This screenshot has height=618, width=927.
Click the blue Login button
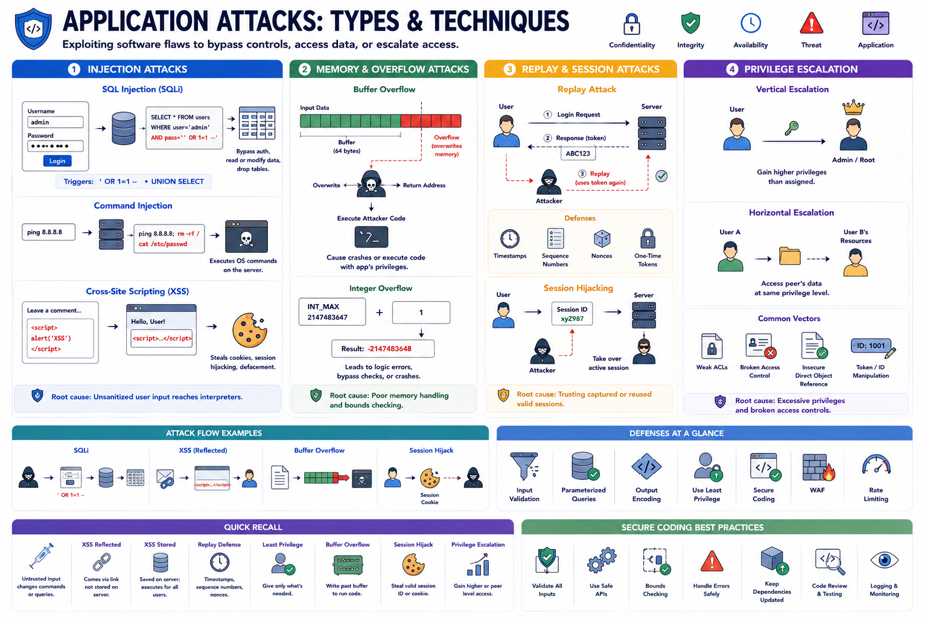[57, 161]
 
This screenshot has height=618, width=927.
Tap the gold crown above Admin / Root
[853, 107]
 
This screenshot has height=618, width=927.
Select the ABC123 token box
[578, 153]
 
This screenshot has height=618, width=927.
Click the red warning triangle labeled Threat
[811, 23]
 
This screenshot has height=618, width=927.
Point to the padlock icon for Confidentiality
[631, 24]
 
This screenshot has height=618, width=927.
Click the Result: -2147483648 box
[383, 349]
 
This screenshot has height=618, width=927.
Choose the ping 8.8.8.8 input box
[48, 232]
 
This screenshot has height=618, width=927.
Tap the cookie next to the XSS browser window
[249, 330]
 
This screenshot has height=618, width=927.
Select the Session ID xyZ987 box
[572, 314]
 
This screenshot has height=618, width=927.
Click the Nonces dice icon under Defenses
[602, 239]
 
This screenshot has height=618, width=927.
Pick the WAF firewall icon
[817, 467]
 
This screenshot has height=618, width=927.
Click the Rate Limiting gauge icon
[876, 465]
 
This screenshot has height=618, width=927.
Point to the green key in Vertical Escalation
[791, 129]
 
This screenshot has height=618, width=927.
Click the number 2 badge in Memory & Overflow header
[304, 69]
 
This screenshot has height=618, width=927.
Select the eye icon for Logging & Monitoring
[884, 560]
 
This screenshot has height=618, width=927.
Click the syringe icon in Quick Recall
[42, 556]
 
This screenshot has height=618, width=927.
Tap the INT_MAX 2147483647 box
[332, 311]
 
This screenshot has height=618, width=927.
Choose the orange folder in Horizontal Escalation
[789, 256]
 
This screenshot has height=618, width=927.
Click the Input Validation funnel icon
[524, 466]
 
